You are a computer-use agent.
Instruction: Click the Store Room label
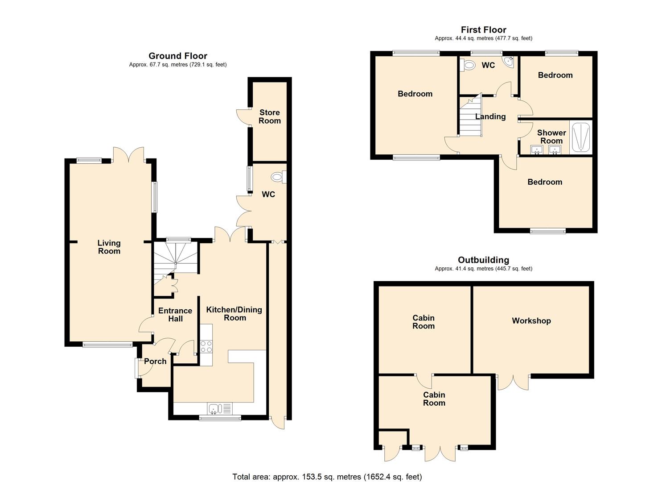click(270, 116)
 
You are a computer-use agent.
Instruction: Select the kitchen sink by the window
click(220, 409)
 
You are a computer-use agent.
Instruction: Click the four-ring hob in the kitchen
click(206, 346)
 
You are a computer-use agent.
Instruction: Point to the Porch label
click(155, 361)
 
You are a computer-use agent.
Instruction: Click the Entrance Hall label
click(175, 315)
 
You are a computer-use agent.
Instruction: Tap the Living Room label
click(109, 247)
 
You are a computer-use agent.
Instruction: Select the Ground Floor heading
click(178, 56)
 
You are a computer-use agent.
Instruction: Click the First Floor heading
click(484, 30)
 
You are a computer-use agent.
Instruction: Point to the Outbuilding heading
click(484, 260)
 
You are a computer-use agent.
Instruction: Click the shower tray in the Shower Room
click(581, 137)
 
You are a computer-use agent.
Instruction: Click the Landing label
click(490, 116)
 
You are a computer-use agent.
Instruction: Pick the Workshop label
click(531, 321)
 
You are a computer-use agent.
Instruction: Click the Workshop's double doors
click(514, 383)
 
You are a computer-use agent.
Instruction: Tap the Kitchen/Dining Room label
click(234, 314)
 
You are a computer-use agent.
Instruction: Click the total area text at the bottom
click(327, 477)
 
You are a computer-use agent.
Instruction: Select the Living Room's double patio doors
click(128, 154)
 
